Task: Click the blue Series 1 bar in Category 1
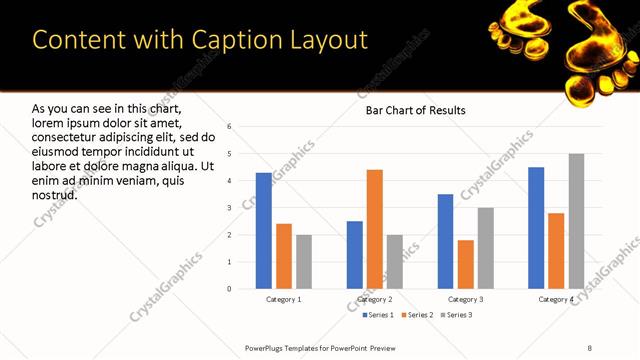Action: (264, 231)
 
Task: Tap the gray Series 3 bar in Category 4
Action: (576, 221)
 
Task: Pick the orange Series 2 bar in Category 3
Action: (466, 264)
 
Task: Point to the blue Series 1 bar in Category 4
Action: (536, 228)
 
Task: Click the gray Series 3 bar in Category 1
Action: (304, 262)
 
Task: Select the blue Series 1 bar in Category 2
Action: (355, 255)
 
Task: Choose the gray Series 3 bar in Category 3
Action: (486, 248)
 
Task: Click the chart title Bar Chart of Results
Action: (415, 110)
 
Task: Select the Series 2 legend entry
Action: (415, 316)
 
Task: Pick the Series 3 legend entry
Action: (457, 316)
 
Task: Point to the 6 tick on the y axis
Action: (230, 127)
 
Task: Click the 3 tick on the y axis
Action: (230, 208)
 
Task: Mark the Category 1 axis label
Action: (284, 299)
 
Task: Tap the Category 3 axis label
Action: (466, 299)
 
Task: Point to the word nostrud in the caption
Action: (55, 194)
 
